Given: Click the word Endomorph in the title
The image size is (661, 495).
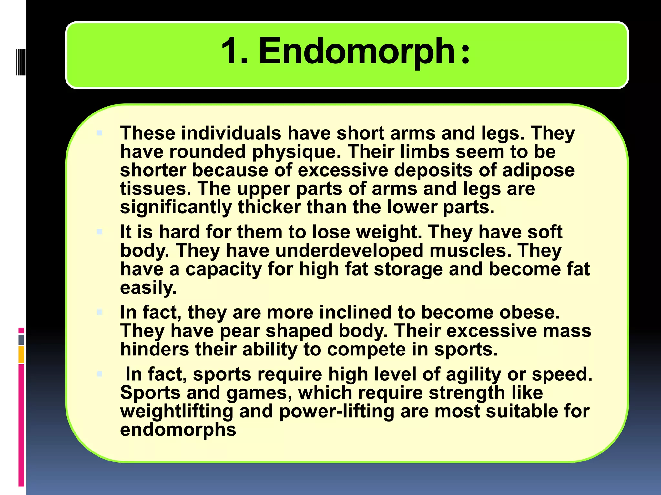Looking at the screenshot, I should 357,52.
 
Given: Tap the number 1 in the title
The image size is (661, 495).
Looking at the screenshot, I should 231,52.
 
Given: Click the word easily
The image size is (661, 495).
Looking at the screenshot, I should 148,288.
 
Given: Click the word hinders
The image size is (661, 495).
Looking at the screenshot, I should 155,349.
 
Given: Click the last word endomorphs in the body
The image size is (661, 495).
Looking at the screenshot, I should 178,430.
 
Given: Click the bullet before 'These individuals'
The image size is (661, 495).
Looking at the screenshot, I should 99,133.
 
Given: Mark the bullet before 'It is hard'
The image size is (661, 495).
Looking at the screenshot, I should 99,232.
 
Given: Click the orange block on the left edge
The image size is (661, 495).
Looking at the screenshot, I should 21,354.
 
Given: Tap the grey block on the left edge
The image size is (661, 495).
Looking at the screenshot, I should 21,340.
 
